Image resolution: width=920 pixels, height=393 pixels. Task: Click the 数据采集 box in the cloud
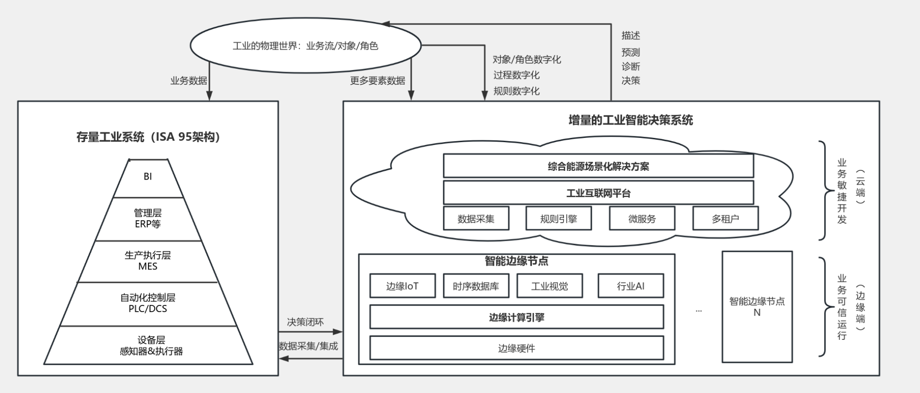(x=476, y=219)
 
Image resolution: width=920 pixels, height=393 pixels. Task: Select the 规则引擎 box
(x=558, y=219)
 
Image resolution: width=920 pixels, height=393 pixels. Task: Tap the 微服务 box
(x=642, y=219)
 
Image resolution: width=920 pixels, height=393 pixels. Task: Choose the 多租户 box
(x=725, y=219)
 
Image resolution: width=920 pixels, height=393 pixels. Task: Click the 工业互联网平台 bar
(x=598, y=193)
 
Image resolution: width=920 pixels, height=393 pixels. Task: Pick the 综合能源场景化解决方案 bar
(x=598, y=166)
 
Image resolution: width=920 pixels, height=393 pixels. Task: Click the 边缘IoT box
(x=402, y=286)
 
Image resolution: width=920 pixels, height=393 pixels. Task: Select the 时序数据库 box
(x=476, y=286)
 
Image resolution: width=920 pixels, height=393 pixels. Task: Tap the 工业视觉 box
(x=549, y=286)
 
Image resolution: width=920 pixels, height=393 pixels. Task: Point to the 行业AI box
(x=631, y=286)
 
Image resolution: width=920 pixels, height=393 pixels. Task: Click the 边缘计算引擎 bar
(x=517, y=317)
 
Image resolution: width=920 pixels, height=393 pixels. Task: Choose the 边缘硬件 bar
(x=517, y=348)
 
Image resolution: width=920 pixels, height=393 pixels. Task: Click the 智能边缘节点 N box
(x=757, y=307)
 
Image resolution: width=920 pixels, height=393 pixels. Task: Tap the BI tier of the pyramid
(x=148, y=177)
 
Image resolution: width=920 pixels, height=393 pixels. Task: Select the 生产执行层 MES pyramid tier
(x=148, y=261)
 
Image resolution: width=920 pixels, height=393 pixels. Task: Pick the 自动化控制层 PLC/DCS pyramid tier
(x=148, y=303)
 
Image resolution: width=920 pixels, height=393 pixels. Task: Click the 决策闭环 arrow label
(x=305, y=322)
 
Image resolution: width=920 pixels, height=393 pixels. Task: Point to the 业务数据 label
(x=189, y=80)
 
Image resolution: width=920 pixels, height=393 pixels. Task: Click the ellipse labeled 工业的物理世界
(x=305, y=46)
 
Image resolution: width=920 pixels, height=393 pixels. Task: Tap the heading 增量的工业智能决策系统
(x=631, y=120)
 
